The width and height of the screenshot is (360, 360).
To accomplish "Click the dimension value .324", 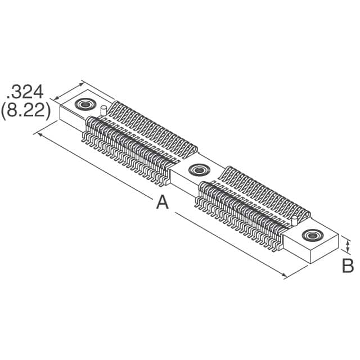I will (x=27, y=91).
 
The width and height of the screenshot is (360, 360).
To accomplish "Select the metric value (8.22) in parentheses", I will (x=26, y=111).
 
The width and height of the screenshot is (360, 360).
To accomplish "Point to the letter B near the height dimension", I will (x=348, y=265).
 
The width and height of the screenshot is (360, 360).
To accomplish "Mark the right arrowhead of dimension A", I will (x=285, y=275).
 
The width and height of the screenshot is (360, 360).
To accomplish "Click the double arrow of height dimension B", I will (x=348, y=246).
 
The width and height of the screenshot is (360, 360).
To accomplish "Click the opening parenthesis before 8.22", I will (x=4, y=111).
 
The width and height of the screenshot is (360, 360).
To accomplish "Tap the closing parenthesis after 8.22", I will (x=48, y=111).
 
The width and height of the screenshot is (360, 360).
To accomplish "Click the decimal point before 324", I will (x=8, y=97).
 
